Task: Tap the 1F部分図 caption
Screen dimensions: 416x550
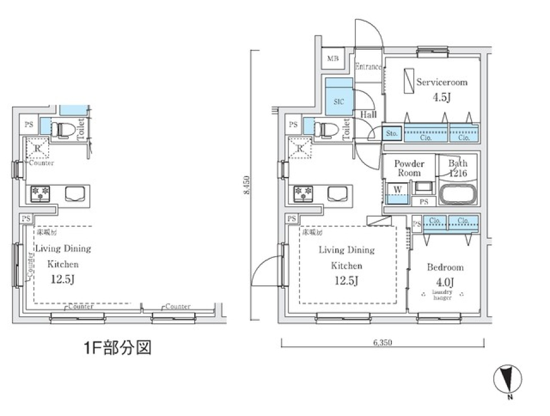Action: click(118, 348)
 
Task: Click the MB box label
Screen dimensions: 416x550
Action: click(332, 59)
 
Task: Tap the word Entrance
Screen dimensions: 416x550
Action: click(368, 66)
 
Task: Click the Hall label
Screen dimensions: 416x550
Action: click(368, 115)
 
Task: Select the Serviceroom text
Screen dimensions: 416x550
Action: click(441, 82)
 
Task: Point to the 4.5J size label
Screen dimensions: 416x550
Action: click(441, 97)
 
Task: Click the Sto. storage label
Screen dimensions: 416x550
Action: click(392, 134)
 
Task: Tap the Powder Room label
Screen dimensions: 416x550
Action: click(409, 168)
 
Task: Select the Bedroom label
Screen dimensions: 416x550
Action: click(445, 268)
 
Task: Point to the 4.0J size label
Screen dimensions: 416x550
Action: click(445, 282)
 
